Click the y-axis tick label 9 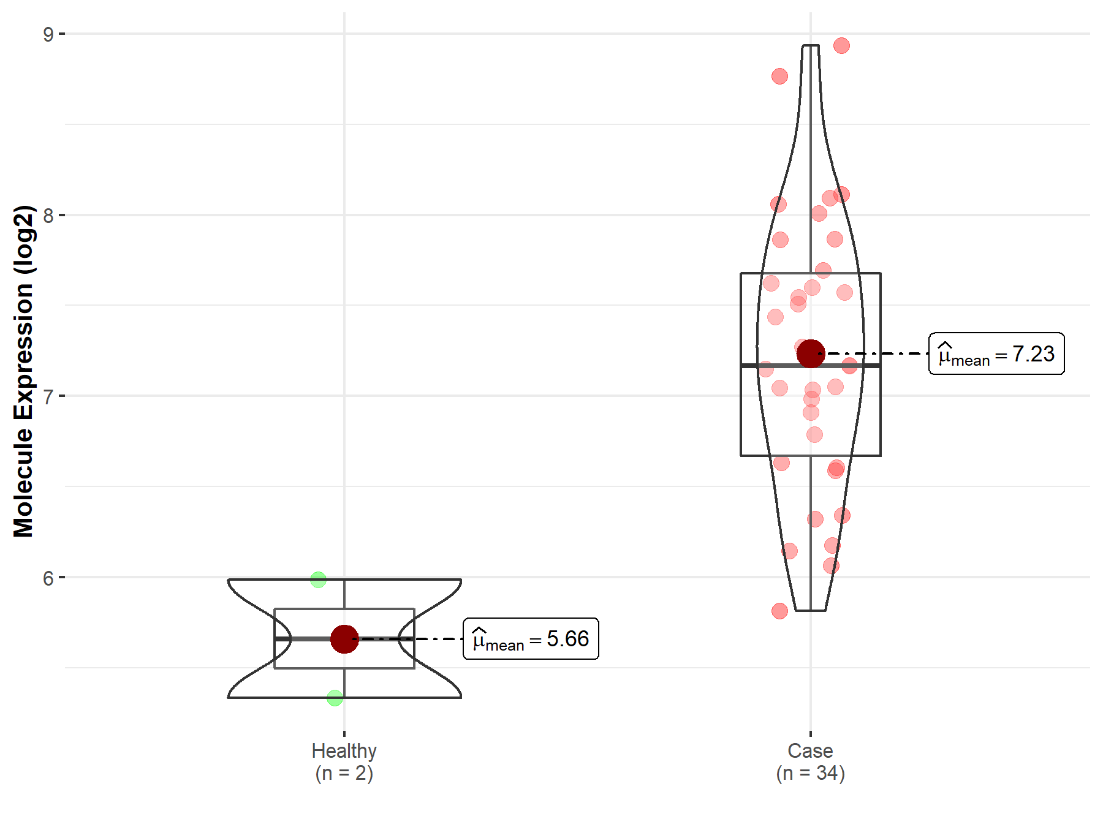click(x=48, y=34)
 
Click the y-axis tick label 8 click(x=48, y=216)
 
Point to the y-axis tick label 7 click(x=48, y=396)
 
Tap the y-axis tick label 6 click(x=48, y=578)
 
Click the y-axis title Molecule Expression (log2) click(x=23, y=371)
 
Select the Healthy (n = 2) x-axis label click(x=344, y=761)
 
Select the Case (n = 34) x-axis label click(x=811, y=761)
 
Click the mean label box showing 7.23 click(x=997, y=353)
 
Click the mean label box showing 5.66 click(x=531, y=638)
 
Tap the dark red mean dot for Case click(x=811, y=353)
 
